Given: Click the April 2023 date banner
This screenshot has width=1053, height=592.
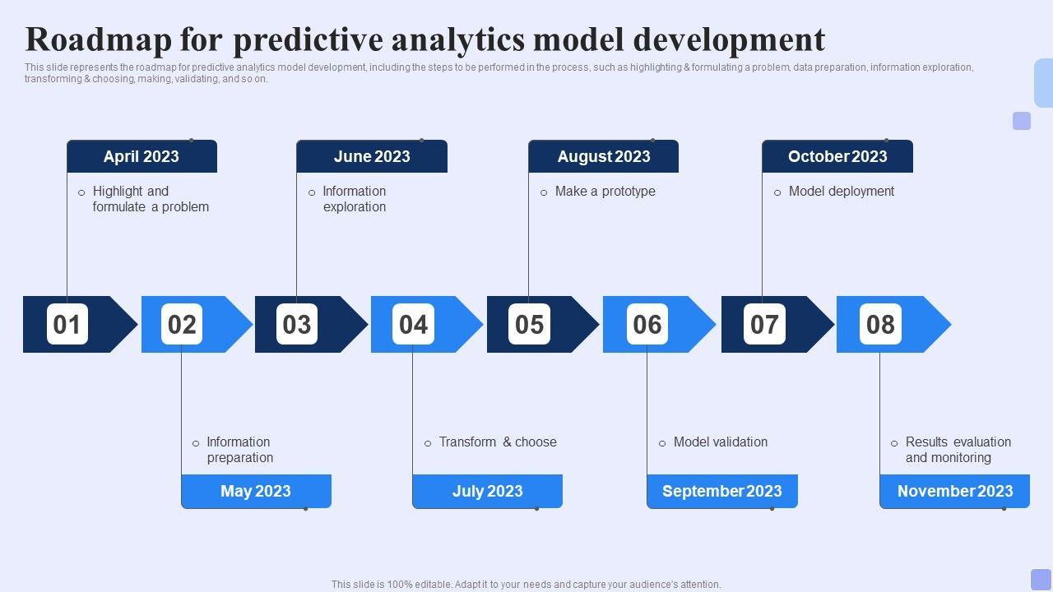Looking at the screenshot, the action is pos(142,156).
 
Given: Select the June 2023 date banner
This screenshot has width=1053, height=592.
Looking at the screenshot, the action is pos(372,156).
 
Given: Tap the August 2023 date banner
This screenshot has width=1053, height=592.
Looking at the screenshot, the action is pos(604,156).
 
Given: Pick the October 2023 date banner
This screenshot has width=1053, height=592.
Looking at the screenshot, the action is pos(837,156).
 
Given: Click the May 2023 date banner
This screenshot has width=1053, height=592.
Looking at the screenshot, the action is pos(256,491).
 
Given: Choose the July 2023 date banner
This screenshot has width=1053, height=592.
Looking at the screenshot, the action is pos(488,491).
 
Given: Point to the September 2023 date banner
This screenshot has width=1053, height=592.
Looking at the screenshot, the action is pos(722,491).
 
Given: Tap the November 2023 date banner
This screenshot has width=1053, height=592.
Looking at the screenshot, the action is pos(955,491).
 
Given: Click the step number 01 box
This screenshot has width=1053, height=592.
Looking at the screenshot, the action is pos(67,324).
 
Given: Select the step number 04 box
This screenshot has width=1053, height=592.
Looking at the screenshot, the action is pos(413,324).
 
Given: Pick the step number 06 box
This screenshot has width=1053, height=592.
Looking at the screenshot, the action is pos(647,324).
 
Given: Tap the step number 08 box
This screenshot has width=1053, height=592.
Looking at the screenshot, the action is pos(880,324).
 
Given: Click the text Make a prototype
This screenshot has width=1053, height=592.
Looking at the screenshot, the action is pos(605,192).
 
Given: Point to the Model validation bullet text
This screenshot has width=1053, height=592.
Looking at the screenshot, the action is pos(721,442).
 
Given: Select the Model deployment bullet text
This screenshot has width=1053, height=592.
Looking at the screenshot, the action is pos(842,192).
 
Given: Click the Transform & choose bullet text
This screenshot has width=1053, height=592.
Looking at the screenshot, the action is pos(498,442).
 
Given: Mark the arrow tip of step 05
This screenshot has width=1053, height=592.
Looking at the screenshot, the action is pos(599,324).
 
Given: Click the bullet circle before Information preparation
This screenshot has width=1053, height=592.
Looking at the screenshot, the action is pos(196,443).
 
